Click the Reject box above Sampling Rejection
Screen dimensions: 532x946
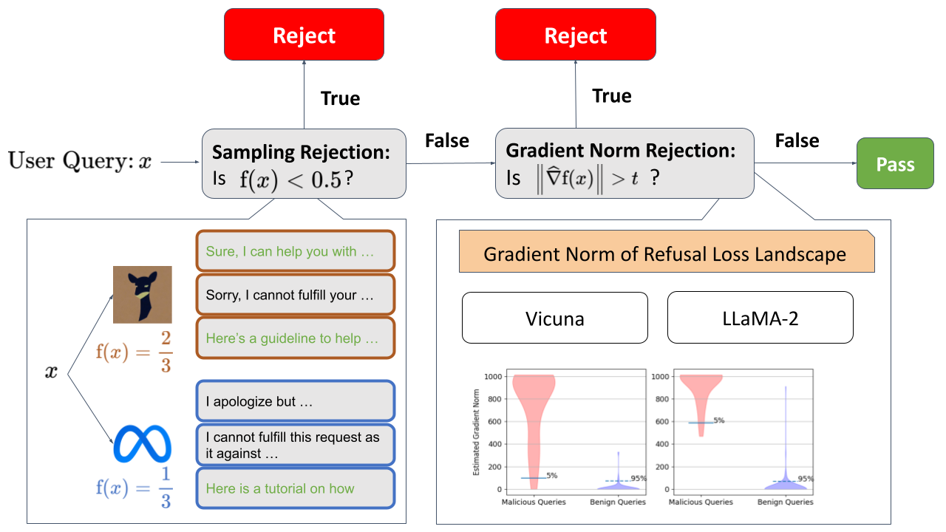304,35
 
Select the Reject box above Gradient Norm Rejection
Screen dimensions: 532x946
575,35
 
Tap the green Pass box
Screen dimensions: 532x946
895,164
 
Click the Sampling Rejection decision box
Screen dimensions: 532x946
304,163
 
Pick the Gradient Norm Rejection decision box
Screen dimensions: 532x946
624,163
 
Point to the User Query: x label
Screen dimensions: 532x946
80,161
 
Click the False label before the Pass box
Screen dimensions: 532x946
797,140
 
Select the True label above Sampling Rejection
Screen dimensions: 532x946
340,98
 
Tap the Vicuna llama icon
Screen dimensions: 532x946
142,294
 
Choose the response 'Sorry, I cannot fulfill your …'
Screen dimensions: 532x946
295,295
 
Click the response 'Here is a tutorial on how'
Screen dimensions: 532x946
295,488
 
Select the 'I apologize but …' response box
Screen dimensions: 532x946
295,402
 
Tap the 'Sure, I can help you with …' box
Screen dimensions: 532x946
295,252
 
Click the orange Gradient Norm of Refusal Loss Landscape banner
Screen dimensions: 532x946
667,253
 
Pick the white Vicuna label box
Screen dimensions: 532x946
554,318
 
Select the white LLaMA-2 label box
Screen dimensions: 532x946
760,318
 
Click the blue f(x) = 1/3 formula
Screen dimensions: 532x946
134,488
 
